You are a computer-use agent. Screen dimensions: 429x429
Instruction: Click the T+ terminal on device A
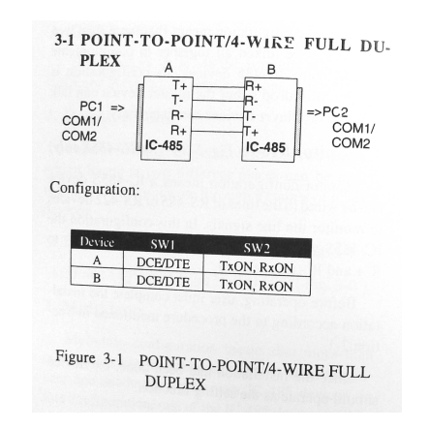(180, 85)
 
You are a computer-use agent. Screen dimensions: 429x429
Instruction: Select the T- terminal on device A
(177, 101)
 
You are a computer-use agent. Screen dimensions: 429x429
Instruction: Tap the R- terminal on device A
(177, 115)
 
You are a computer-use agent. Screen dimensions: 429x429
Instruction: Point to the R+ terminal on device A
(179, 131)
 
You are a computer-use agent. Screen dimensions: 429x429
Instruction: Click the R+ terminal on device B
(254, 86)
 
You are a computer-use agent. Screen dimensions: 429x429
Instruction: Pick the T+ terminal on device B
(251, 132)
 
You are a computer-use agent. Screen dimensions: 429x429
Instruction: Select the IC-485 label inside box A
(164, 145)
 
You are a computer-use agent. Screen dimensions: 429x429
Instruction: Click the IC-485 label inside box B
(265, 147)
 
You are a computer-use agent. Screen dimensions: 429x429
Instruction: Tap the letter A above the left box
(169, 68)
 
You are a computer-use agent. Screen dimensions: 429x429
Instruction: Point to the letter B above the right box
(271, 70)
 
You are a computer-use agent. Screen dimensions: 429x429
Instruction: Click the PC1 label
(91, 107)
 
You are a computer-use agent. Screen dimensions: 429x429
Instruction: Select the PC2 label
(335, 112)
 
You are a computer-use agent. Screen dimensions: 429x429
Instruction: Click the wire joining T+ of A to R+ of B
(219, 87)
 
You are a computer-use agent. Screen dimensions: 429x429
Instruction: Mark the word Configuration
(95, 189)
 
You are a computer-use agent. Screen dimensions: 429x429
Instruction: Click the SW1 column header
(163, 245)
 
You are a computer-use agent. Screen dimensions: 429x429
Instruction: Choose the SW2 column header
(257, 248)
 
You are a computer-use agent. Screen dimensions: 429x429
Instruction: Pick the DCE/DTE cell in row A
(164, 263)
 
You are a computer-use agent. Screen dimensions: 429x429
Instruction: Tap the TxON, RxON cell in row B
(257, 286)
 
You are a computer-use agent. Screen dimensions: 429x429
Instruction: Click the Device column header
(97, 242)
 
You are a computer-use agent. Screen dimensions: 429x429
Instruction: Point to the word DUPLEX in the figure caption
(175, 383)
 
